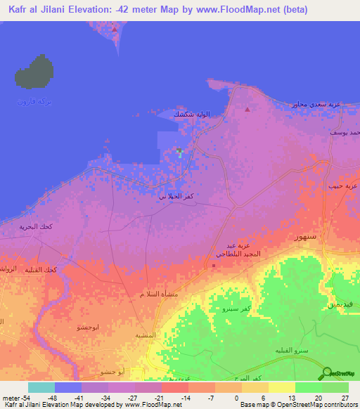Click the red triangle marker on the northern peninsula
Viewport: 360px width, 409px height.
[x=115, y=30]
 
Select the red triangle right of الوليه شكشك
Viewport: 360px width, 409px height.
[x=247, y=110]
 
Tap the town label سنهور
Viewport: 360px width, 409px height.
[x=305, y=237]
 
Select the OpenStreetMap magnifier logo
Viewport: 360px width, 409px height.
[x=328, y=373]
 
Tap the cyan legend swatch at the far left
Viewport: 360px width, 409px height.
[x=41, y=387]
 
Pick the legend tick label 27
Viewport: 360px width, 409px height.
[x=345, y=397]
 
